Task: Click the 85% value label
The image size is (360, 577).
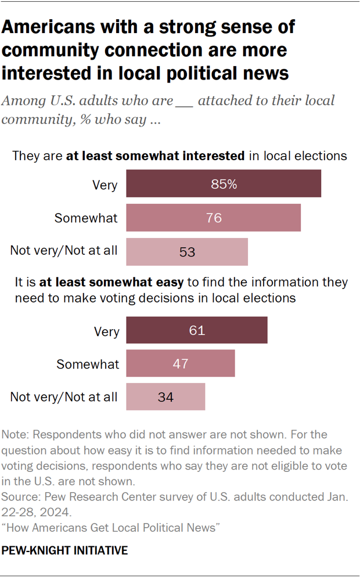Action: [224, 185]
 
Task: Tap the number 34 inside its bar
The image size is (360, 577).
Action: [165, 397]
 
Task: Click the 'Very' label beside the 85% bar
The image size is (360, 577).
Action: [105, 185]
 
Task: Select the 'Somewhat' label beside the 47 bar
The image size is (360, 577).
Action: [88, 364]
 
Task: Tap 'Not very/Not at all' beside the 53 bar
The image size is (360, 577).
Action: [64, 251]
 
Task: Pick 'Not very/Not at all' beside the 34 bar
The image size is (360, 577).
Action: [64, 397]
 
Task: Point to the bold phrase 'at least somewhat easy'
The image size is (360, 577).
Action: [111, 283]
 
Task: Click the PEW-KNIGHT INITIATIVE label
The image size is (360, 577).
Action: [65, 550]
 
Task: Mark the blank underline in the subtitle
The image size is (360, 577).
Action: [184, 100]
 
